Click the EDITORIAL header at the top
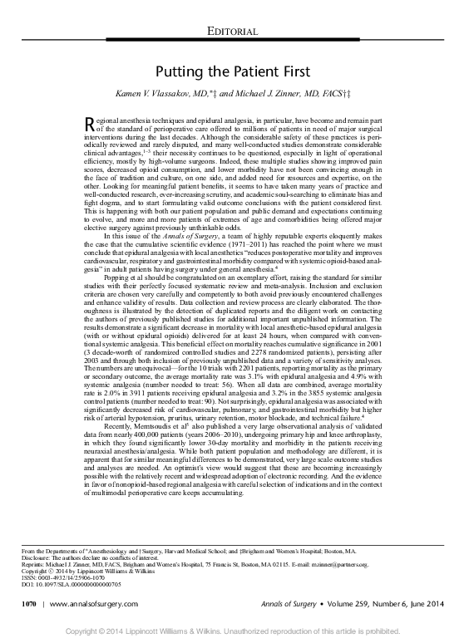pyautogui.click(x=231, y=32)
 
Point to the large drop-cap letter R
pyautogui.click(x=91, y=125)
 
